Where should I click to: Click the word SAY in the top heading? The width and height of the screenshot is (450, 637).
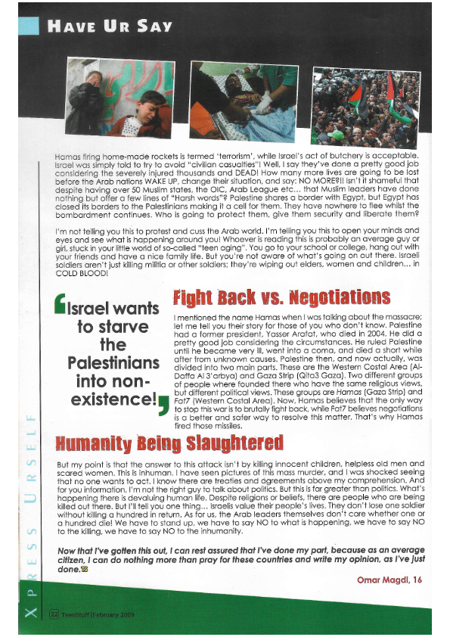[x=154, y=27]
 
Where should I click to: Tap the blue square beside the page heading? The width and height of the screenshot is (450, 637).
[x=29, y=26]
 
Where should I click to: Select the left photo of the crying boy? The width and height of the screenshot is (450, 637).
[x=120, y=97]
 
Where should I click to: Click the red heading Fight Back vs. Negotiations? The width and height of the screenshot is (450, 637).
[x=272, y=297]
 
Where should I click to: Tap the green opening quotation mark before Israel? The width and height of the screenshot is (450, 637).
[x=60, y=308]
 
